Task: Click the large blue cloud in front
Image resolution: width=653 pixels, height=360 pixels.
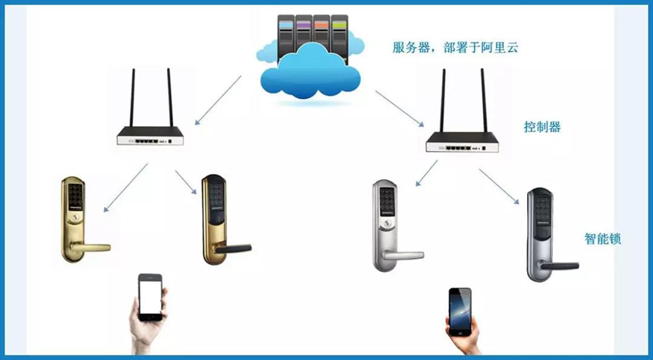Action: click(310, 75)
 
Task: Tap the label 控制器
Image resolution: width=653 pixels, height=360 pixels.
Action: click(542, 127)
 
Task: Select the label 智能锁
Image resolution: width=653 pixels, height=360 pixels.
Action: click(603, 239)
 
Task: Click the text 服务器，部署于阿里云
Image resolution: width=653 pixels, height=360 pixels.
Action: click(455, 47)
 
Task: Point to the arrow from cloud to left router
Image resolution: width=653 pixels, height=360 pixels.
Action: click(218, 100)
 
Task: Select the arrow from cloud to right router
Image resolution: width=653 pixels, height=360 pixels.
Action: click(400, 108)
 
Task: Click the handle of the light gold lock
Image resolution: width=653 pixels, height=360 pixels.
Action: click(90, 247)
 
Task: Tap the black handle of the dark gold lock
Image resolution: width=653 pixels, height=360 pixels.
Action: click(233, 249)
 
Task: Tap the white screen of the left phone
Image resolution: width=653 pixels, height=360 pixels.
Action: click(150, 297)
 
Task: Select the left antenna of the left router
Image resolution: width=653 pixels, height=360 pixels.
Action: click(132, 98)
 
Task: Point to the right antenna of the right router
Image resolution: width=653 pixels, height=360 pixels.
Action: click(484, 100)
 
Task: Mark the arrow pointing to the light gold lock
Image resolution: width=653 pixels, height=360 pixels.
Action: click(125, 188)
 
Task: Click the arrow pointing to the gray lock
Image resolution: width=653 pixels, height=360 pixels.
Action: click(499, 186)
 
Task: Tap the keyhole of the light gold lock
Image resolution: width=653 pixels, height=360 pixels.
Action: click(76, 218)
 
